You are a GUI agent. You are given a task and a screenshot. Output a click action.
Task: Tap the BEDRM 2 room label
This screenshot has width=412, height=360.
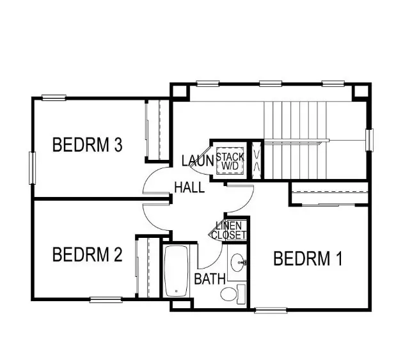87,255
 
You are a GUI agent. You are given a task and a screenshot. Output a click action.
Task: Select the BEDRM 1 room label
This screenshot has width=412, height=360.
308,259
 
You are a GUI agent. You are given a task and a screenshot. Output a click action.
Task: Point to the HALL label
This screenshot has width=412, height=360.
190,187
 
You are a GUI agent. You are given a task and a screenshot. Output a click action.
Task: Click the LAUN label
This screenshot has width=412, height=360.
196,161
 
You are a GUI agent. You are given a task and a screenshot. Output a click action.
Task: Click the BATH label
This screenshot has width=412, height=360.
209,279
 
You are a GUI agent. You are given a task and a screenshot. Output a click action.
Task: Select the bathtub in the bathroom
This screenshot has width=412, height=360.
176,271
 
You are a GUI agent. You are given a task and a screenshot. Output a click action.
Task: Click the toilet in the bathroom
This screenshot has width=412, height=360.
231,293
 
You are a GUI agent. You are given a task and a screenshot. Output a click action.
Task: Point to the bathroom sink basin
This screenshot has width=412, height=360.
238,261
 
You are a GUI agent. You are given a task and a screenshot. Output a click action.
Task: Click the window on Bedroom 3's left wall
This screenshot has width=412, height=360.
32,168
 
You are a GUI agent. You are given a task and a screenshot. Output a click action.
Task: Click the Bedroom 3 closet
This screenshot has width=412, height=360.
157,130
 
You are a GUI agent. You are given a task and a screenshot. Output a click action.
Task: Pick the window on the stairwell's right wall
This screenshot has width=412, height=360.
369,140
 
